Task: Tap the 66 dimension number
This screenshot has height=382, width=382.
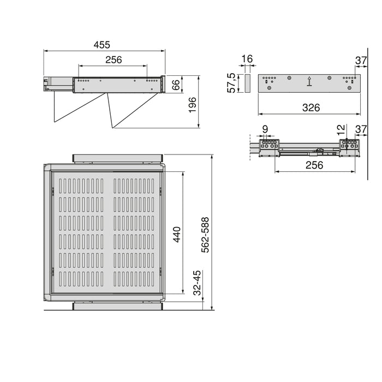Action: (176, 85)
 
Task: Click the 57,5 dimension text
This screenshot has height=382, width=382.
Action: (231, 83)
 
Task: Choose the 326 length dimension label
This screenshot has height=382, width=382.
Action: (311, 108)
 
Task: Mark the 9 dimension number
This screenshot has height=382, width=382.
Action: (265, 129)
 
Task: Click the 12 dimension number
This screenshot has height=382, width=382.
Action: (341, 130)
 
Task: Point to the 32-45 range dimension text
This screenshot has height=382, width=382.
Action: (198, 283)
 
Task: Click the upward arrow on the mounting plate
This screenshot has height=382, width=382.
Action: (309, 81)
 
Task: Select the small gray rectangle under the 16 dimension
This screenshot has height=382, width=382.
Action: (246, 83)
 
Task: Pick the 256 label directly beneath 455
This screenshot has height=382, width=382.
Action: (113, 60)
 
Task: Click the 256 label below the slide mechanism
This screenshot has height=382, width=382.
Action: (315, 165)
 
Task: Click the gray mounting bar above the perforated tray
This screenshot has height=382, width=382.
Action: (118, 158)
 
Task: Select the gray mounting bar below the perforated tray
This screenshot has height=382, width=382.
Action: (118, 306)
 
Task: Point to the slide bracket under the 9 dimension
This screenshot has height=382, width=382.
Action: (269, 147)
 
